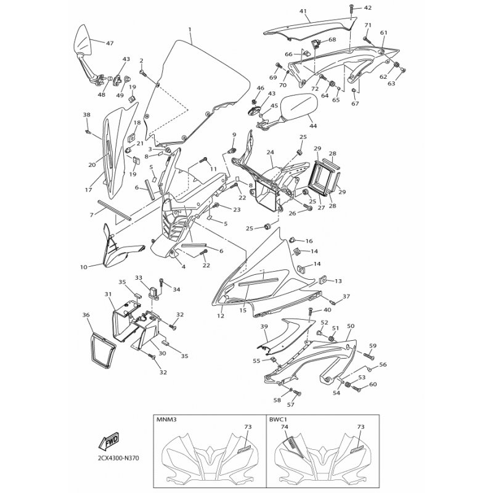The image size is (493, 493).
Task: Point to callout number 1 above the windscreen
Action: click(190, 29)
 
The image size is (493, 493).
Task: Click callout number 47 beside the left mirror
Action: click(110, 43)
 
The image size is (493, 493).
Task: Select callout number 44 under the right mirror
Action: click(313, 126)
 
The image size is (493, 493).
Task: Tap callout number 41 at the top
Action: click(303, 11)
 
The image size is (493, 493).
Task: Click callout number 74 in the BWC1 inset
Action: click(285, 427)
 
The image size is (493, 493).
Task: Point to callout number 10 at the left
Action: click(83, 267)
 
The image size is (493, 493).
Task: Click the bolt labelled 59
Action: click(369, 356)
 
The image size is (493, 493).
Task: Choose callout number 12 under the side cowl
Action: click(221, 316)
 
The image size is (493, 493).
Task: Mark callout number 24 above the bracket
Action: click(270, 152)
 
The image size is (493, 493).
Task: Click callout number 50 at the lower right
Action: click(351, 326)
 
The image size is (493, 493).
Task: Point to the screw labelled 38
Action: click(88, 132)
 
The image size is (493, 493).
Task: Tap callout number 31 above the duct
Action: click(108, 295)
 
